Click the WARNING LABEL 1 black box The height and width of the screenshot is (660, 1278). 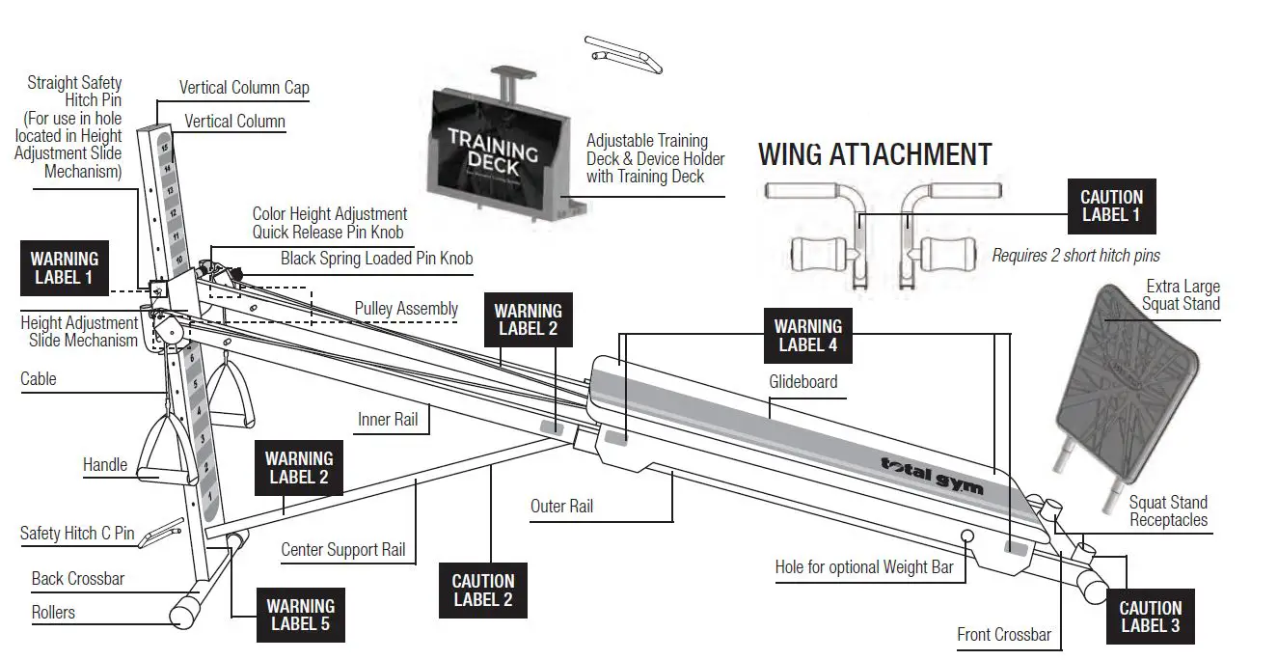coord(64,268)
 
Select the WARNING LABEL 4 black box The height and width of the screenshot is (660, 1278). coord(808,335)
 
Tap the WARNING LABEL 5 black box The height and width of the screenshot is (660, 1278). coord(301,615)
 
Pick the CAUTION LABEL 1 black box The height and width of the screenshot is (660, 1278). coord(1110,206)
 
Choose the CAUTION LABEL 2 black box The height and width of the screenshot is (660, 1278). coord(483,590)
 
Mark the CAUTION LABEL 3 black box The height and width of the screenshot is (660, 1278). coord(1150,616)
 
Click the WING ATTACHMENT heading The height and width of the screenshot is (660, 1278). coord(875,154)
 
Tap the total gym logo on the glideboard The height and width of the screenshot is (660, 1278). coord(932,474)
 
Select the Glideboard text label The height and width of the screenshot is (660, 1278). coord(802,381)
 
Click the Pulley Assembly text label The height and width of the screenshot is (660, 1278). coord(406,308)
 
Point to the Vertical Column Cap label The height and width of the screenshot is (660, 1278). coord(244,88)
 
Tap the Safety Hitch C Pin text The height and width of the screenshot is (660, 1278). coord(77,534)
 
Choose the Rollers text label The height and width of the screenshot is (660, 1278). coord(53,612)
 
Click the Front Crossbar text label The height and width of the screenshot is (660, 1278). coord(1003,634)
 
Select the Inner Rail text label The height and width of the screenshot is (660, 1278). coord(388,420)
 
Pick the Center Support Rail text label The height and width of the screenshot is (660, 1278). coord(342,549)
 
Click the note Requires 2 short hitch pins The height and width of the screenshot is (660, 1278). coord(1075,256)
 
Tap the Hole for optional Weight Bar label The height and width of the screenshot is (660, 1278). coord(863,566)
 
